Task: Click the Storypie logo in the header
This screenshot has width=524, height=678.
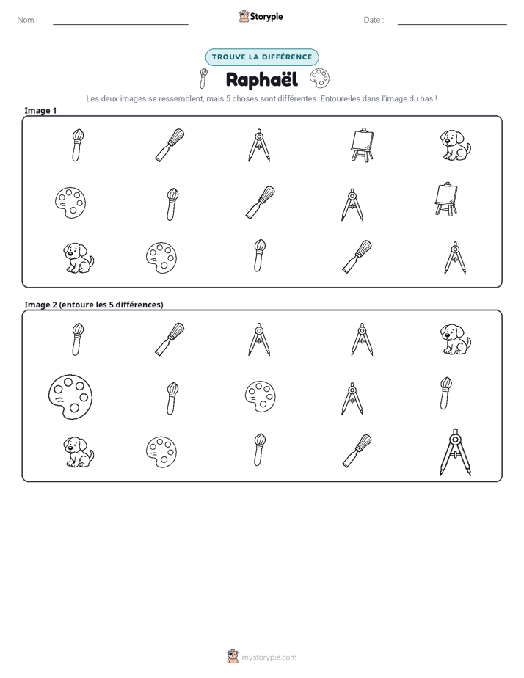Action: click(261, 17)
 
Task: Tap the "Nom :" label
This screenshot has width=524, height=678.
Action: click(27, 20)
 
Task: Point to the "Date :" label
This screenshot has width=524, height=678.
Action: click(374, 20)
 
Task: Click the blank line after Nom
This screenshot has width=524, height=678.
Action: click(120, 24)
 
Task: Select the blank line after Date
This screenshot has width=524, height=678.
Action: click(452, 24)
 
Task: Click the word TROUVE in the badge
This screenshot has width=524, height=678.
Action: click(229, 57)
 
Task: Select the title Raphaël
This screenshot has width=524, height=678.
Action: click(262, 80)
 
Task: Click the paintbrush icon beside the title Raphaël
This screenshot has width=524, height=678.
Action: click(203, 78)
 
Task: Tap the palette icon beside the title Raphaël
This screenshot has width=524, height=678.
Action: click(319, 79)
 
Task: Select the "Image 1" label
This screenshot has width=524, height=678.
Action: click(40, 111)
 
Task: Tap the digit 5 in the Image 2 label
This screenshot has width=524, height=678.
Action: click(111, 305)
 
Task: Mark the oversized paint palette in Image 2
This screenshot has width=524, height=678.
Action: click(70, 397)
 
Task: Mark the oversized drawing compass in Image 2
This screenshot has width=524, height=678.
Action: click(455, 452)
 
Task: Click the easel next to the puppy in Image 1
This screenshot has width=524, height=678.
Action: click(363, 145)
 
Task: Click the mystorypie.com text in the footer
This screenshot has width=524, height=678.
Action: click(269, 657)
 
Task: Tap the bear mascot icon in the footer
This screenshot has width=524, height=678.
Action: click(233, 657)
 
